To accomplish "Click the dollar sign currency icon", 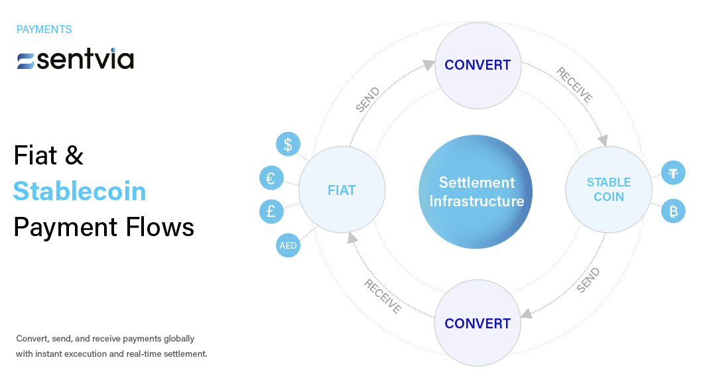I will (288, 145).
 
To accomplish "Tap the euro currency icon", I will (271, 178).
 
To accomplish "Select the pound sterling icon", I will (271, 212).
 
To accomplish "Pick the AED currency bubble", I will (288, 245).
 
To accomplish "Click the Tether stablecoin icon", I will (674, 174).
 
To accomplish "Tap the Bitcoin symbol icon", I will (674, 212).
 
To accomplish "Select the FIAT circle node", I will (342, 191).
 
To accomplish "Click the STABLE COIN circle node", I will (608, 190).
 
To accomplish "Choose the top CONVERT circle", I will (478, 65).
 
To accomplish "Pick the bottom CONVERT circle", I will (478, 324).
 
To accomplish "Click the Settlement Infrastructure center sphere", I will (476, 192).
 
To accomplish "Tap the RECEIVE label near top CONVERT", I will (574, 85).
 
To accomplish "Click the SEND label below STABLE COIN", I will (588, 280).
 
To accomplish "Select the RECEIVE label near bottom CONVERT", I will (383, 296).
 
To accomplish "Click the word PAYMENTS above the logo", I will (44, 30).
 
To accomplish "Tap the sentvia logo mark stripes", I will (26, 61).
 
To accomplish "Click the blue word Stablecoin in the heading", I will (80, 192).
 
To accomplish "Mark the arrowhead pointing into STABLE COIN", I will (602, 141).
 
